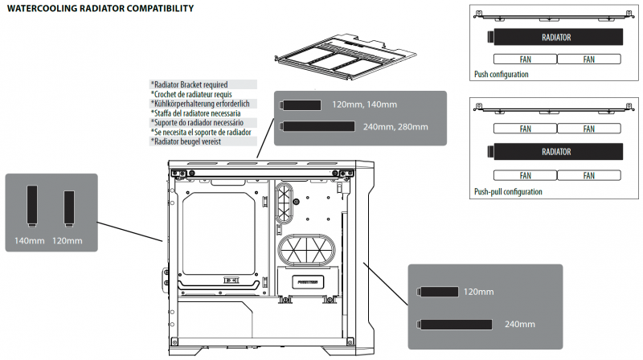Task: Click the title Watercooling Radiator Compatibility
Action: coord(100,9)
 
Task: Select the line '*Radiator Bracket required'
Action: coord(190,84)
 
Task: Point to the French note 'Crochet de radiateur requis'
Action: coord(194,94)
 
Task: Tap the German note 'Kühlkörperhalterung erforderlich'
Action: coord(202,104)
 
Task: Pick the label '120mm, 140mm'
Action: coord(364,104)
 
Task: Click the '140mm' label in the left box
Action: coord(31,240)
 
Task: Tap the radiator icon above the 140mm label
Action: coord(32,205)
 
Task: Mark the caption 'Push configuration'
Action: coord(502,74)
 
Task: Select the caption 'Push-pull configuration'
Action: coord(508,192)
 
